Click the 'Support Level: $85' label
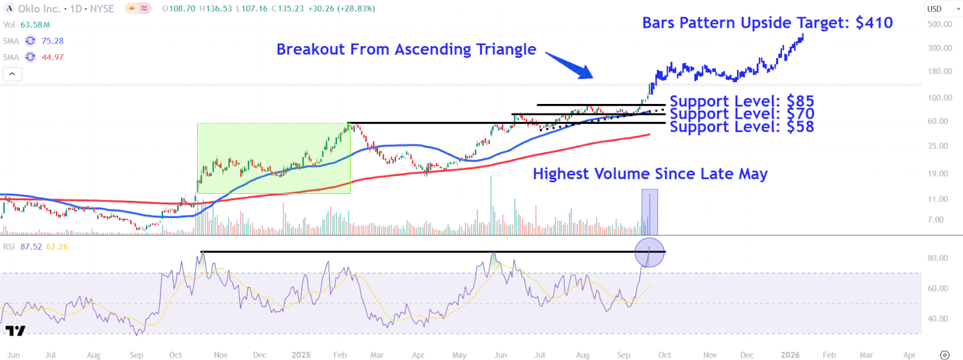(742, 101)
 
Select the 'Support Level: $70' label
(742, 114)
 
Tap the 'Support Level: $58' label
(742, 126)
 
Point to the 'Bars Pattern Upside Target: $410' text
(767, 23)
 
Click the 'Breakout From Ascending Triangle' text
(406, 49)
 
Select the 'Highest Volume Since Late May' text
(650, 173)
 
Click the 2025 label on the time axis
(300, 354)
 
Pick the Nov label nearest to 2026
(709, 354)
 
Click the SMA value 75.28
(53, 40)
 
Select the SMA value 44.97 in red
(53, 57)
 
